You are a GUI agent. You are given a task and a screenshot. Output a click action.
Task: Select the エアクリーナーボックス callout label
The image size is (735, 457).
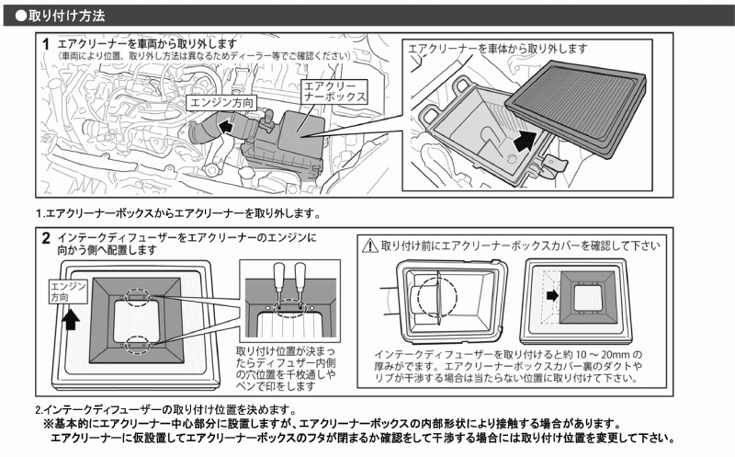coord(335,90)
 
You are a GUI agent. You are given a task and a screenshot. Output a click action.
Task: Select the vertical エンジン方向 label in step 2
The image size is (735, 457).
coord(62,294)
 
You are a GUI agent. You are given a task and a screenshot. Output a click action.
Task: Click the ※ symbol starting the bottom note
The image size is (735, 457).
coord(49,424)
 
